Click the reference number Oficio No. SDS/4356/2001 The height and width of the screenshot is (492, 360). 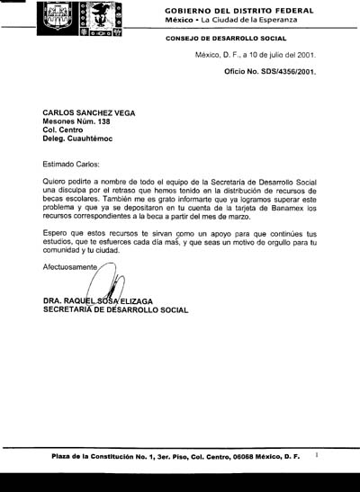point(270,71)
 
